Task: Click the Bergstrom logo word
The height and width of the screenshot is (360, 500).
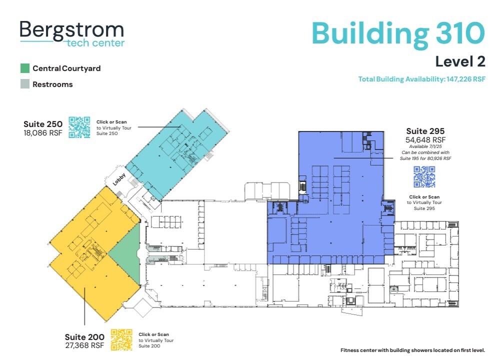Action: (71, 30)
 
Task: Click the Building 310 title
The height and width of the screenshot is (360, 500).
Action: (398, 33)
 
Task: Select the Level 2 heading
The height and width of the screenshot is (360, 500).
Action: (460, 61)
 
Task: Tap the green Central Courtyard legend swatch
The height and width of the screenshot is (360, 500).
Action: (25, 68)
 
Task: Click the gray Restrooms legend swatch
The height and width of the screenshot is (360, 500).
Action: (25, 84)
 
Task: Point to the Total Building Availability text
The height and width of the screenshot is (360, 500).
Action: (421, 79)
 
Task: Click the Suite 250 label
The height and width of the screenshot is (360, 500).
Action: (43, 124)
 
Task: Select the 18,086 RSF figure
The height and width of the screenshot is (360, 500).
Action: (43, 133)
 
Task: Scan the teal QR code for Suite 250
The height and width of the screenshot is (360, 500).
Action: (79, 127)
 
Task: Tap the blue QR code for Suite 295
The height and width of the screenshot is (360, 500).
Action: (424, 176)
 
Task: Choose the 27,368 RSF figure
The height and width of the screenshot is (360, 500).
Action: (84, 345)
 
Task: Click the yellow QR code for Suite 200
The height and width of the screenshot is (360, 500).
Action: (121, 339)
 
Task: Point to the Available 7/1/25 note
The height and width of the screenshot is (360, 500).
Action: (425, 146)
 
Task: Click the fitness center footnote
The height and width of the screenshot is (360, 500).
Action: (412, 350)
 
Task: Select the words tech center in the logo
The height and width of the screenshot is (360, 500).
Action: (95, 43)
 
